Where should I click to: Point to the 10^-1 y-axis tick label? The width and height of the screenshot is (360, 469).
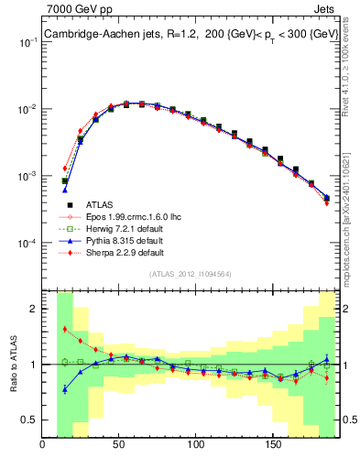[x=28, y=43]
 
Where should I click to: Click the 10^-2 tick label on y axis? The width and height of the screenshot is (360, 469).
[x=28, y=110]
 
